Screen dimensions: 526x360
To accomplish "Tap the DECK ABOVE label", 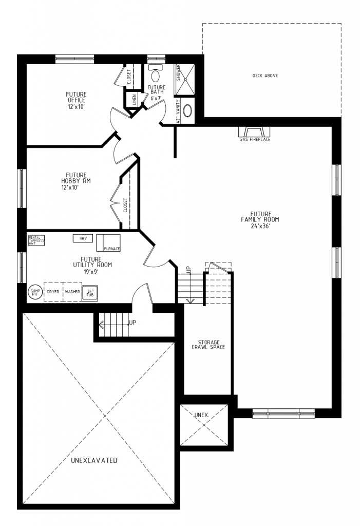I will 265,76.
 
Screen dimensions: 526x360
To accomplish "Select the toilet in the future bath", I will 156,76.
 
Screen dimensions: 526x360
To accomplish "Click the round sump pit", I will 34,292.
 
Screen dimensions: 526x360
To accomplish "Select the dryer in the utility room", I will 53,292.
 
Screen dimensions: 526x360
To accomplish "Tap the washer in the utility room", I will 72,292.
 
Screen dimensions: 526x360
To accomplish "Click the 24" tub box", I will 90,292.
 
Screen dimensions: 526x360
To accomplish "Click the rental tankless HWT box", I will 36,240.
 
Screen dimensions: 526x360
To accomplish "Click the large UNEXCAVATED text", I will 94,460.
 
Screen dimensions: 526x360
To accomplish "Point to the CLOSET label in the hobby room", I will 125,206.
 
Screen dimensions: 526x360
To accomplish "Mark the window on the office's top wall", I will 75,59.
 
